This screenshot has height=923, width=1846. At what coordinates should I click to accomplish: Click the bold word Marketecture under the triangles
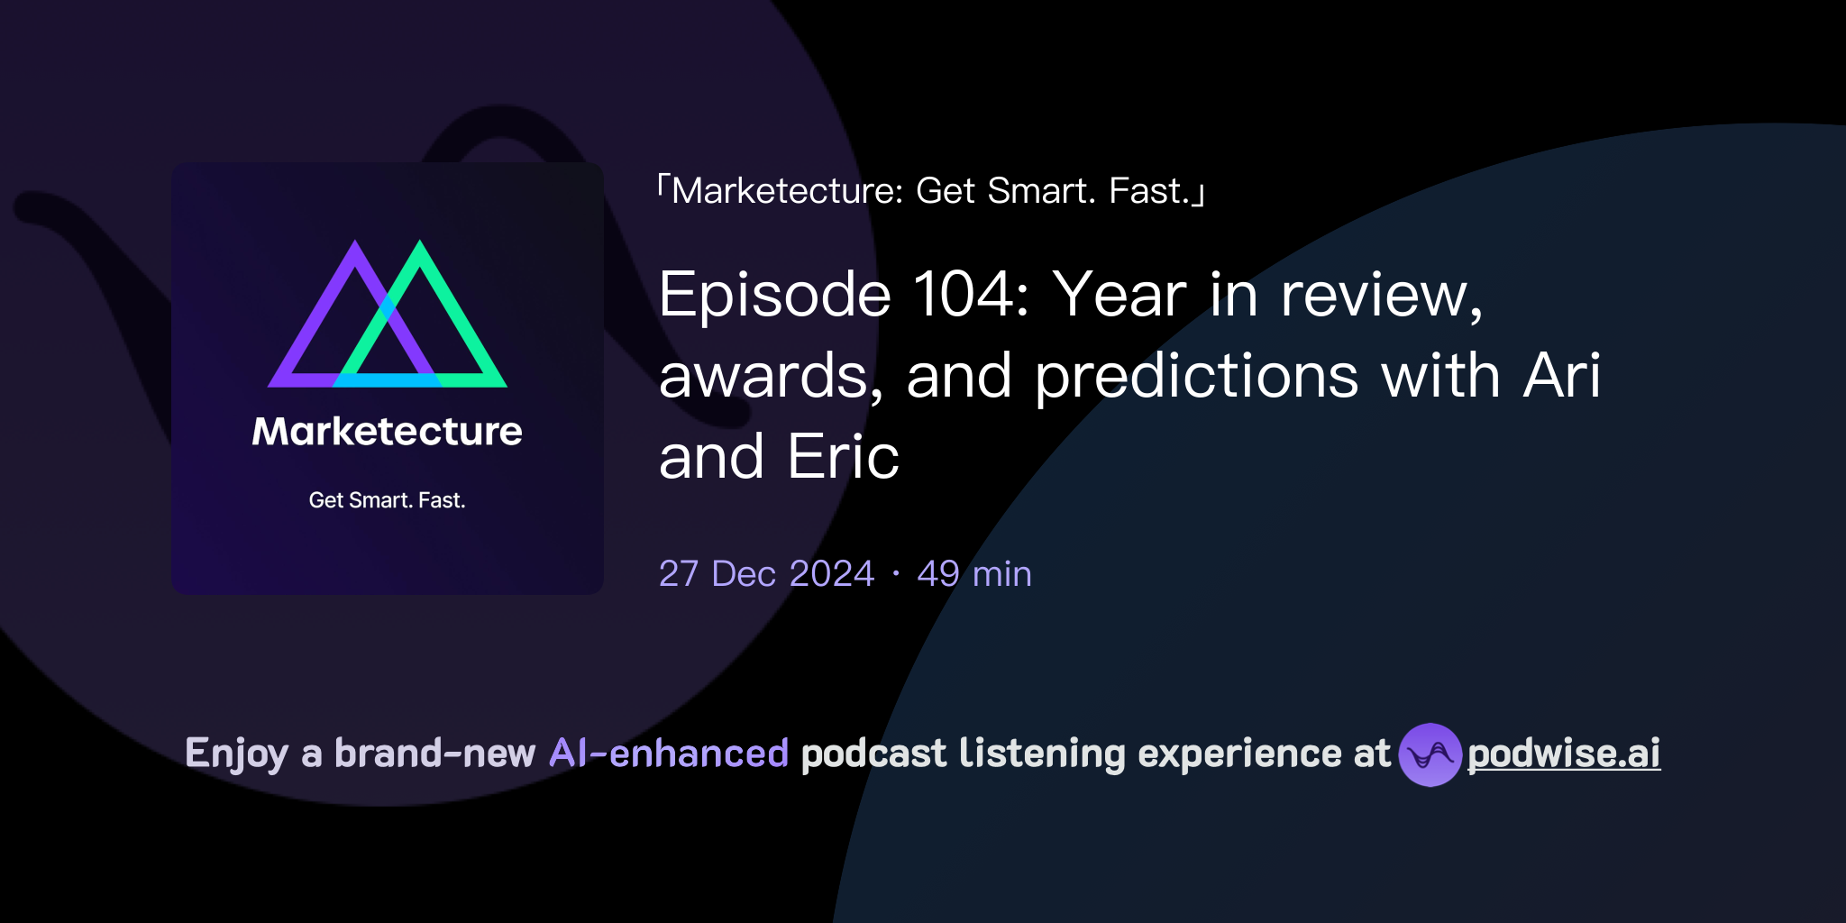[x=387, y=432]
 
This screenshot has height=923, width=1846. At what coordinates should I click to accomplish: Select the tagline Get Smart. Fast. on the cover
[x=387, y=500]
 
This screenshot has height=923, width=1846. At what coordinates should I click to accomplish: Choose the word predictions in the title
[x=1196, y=377]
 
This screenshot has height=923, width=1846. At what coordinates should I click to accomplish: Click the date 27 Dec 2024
[x=766, y=574]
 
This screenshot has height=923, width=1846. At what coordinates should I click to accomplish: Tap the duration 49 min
[x=973, y=574]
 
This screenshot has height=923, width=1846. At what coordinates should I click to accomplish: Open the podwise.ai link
[x=1564, y=754]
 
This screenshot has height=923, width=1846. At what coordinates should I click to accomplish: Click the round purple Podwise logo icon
[x=1430, y=754]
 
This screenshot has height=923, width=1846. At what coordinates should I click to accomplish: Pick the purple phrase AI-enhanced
[x=669, y=754]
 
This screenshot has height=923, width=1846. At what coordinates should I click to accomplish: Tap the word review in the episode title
[x=1380, y=295]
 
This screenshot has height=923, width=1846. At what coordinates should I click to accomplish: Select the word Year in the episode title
[x=1119, y=295]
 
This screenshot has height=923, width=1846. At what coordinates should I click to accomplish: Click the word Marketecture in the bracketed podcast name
[x=784, y=191]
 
